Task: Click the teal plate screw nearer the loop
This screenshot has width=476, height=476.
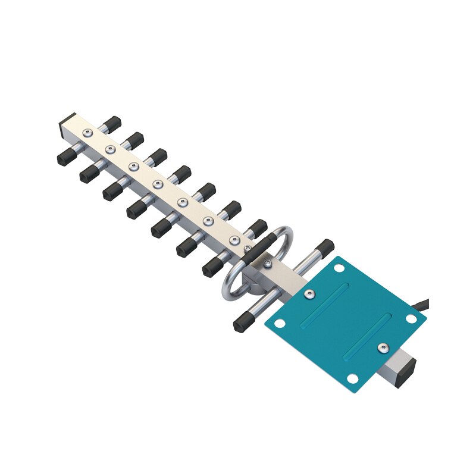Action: tap(309, 293)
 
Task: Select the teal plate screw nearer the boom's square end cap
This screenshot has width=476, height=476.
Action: tap(382, 347)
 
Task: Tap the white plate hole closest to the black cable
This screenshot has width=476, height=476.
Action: tap(411, 319)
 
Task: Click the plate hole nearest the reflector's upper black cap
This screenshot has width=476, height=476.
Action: tap(339, 268)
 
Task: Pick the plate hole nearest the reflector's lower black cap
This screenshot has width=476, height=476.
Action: tap(280, 324)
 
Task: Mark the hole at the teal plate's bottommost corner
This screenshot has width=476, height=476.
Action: tap(352, 378)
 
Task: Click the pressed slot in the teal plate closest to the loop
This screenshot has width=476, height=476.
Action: tap(325, 304)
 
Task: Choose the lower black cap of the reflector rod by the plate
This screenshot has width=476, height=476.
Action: tap(241, 323)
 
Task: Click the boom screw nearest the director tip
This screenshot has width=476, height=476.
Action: tap(87, 132)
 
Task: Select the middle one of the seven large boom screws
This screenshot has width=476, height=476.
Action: tap(158, 184)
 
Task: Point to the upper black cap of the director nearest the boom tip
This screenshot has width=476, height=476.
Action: tap(111, 124)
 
